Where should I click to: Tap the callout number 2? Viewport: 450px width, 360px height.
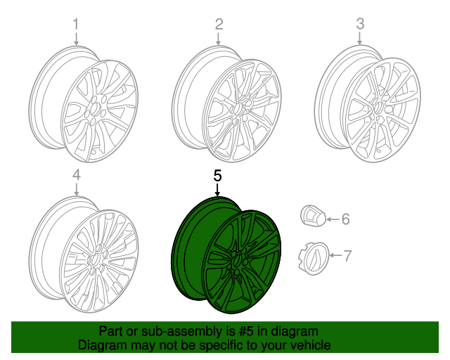pyautogui.click(x=219, y=25)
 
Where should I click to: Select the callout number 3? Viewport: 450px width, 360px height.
pyautogui.click(x=360, y=24)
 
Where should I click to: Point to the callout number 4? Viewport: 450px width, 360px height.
pyautogui.click(x=77, y=176)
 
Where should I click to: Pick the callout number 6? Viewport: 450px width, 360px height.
pyautogui.click(x=345, y=219)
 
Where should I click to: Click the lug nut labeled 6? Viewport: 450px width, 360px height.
pyautogui.click(x=311, y=217)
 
